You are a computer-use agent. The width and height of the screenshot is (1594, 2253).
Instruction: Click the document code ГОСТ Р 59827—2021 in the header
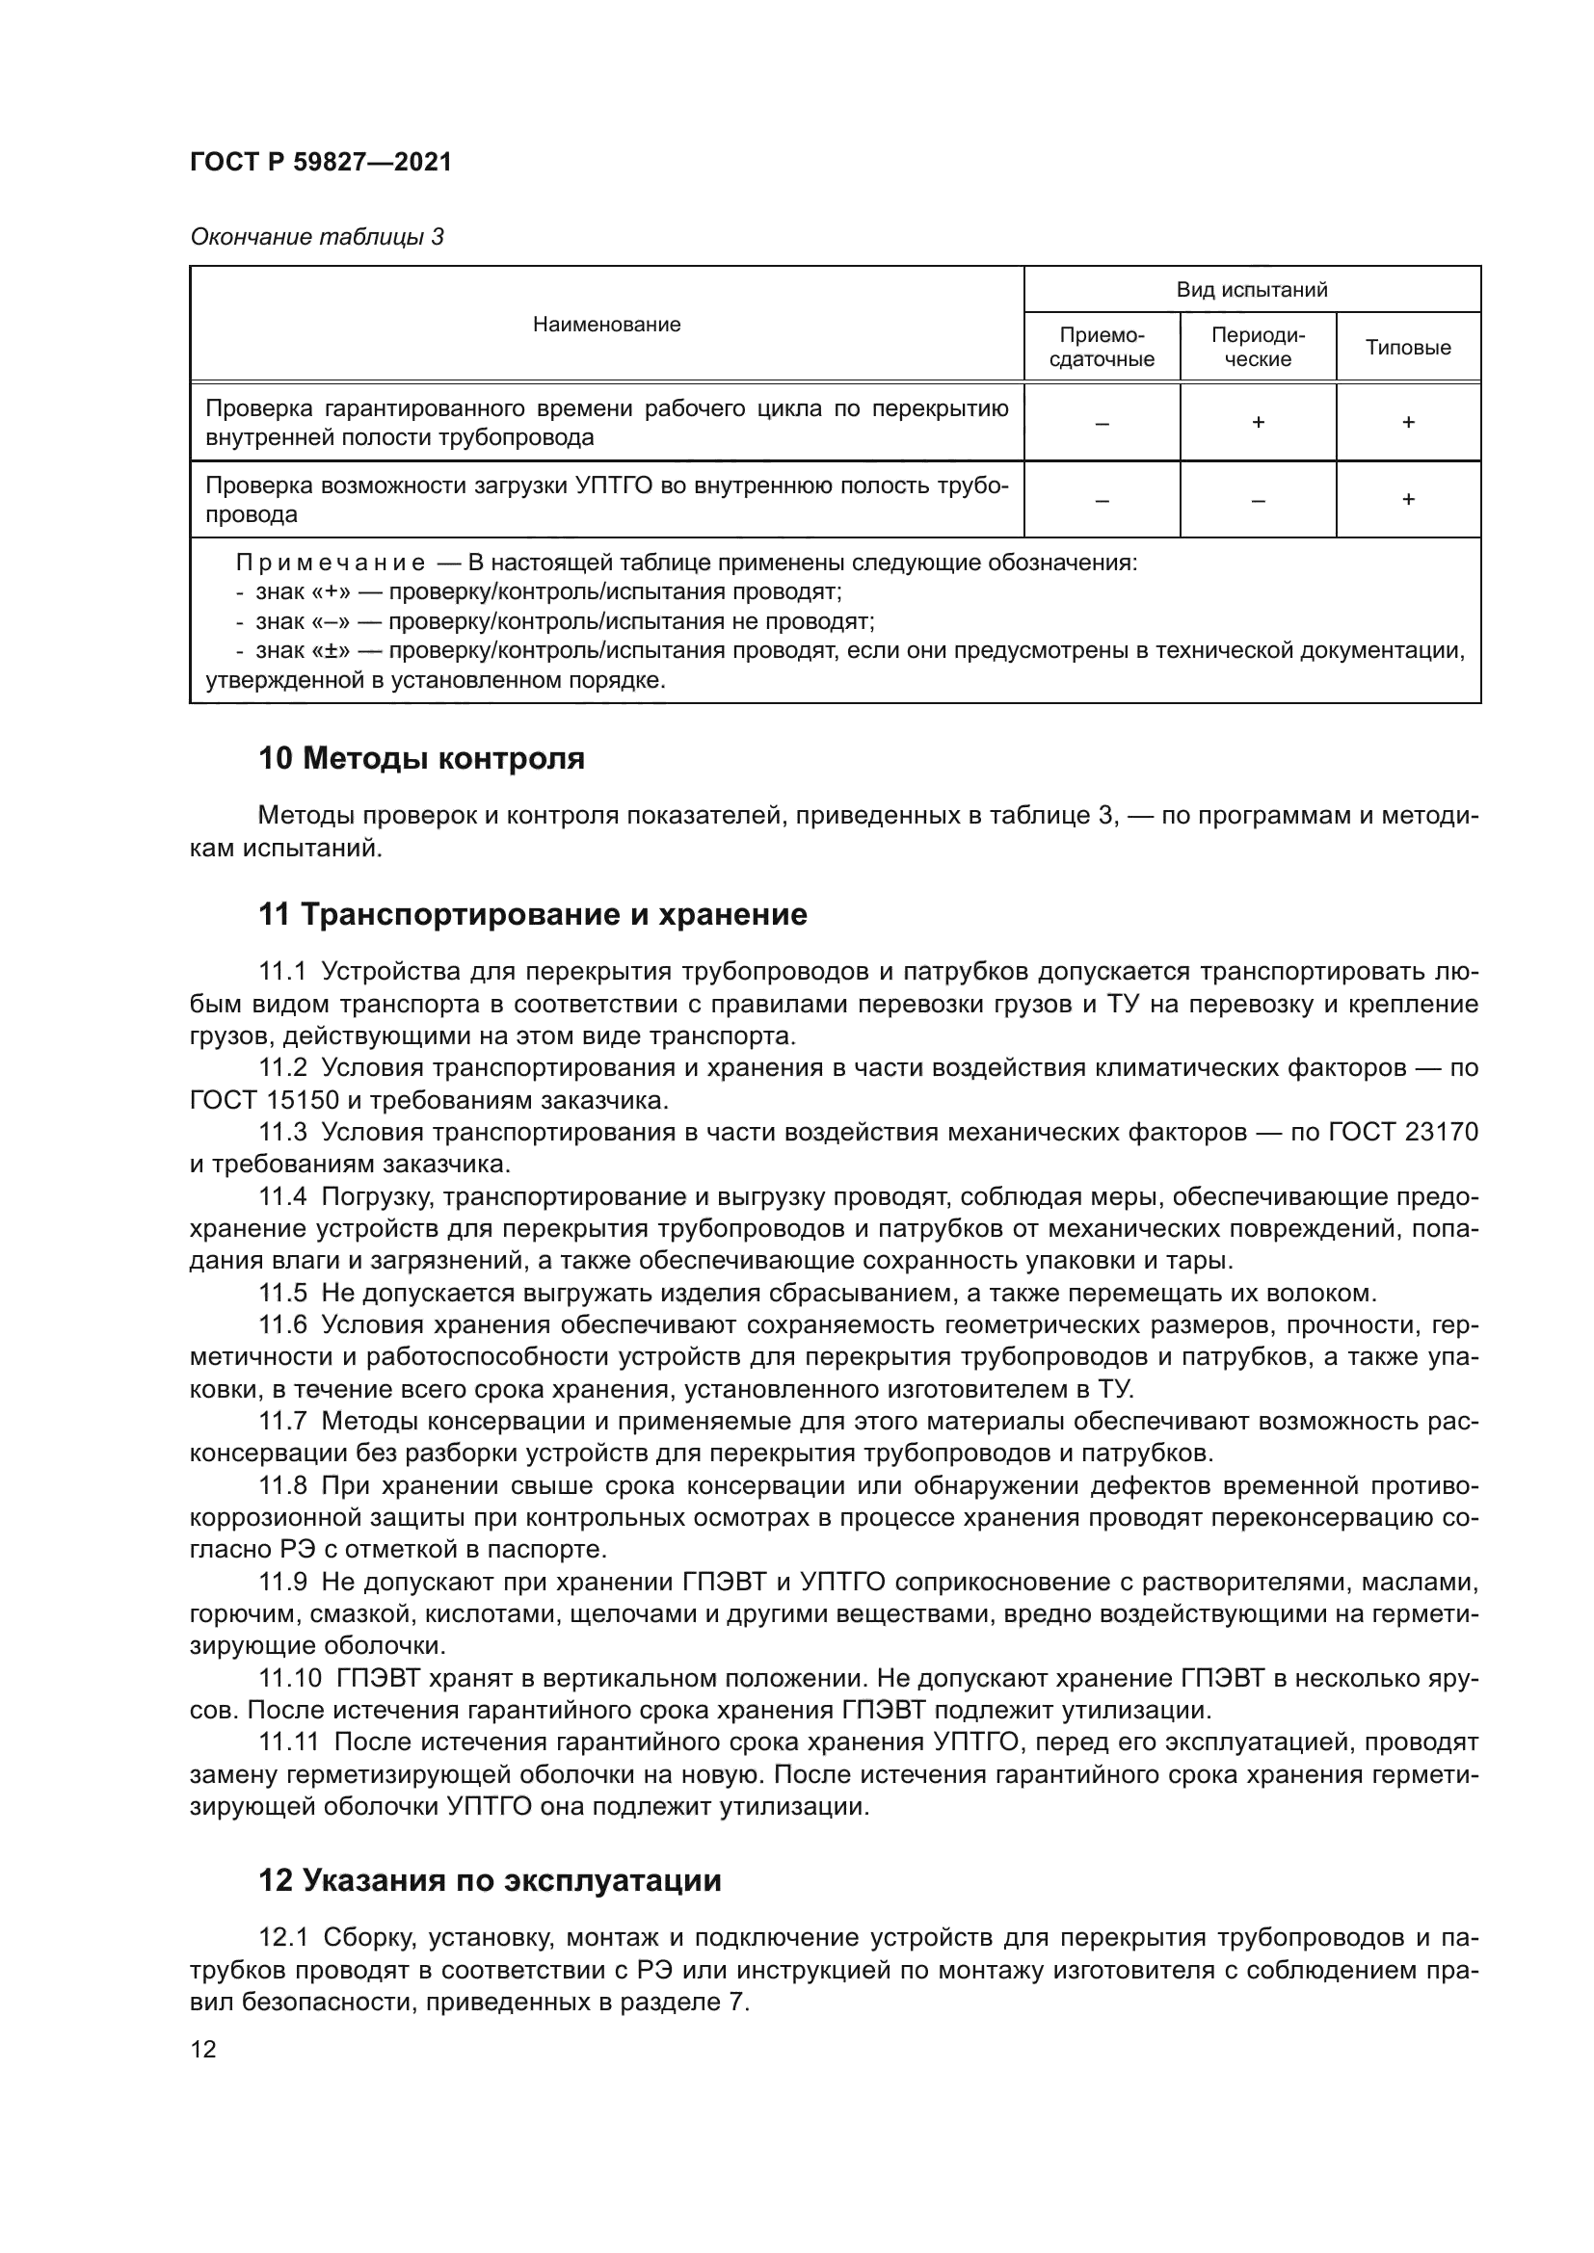click(321, 163)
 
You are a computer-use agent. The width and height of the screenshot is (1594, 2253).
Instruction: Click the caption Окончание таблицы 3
click(316, 237)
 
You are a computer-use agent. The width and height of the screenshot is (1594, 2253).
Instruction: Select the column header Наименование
click(606, 325)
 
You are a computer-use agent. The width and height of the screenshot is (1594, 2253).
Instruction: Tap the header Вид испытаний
click(1252, 290)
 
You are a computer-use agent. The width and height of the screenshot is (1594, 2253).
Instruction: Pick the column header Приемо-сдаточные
click(1102, 348)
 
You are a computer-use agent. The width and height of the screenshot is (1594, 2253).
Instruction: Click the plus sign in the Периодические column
click(1258, 423)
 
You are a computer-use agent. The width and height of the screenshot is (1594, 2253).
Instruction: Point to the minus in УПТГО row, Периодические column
click(1258, 501)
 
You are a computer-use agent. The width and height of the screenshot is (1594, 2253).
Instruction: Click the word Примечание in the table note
click(330, 563)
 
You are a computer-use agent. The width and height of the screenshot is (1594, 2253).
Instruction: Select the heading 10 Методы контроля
click(421, 758)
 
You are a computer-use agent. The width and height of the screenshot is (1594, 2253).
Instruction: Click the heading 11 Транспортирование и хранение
click(532, 914)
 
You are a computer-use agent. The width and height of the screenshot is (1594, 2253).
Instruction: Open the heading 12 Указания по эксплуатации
click(489, 1880)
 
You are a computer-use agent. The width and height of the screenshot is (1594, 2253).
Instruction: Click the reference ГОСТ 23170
click(1402, 1133)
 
